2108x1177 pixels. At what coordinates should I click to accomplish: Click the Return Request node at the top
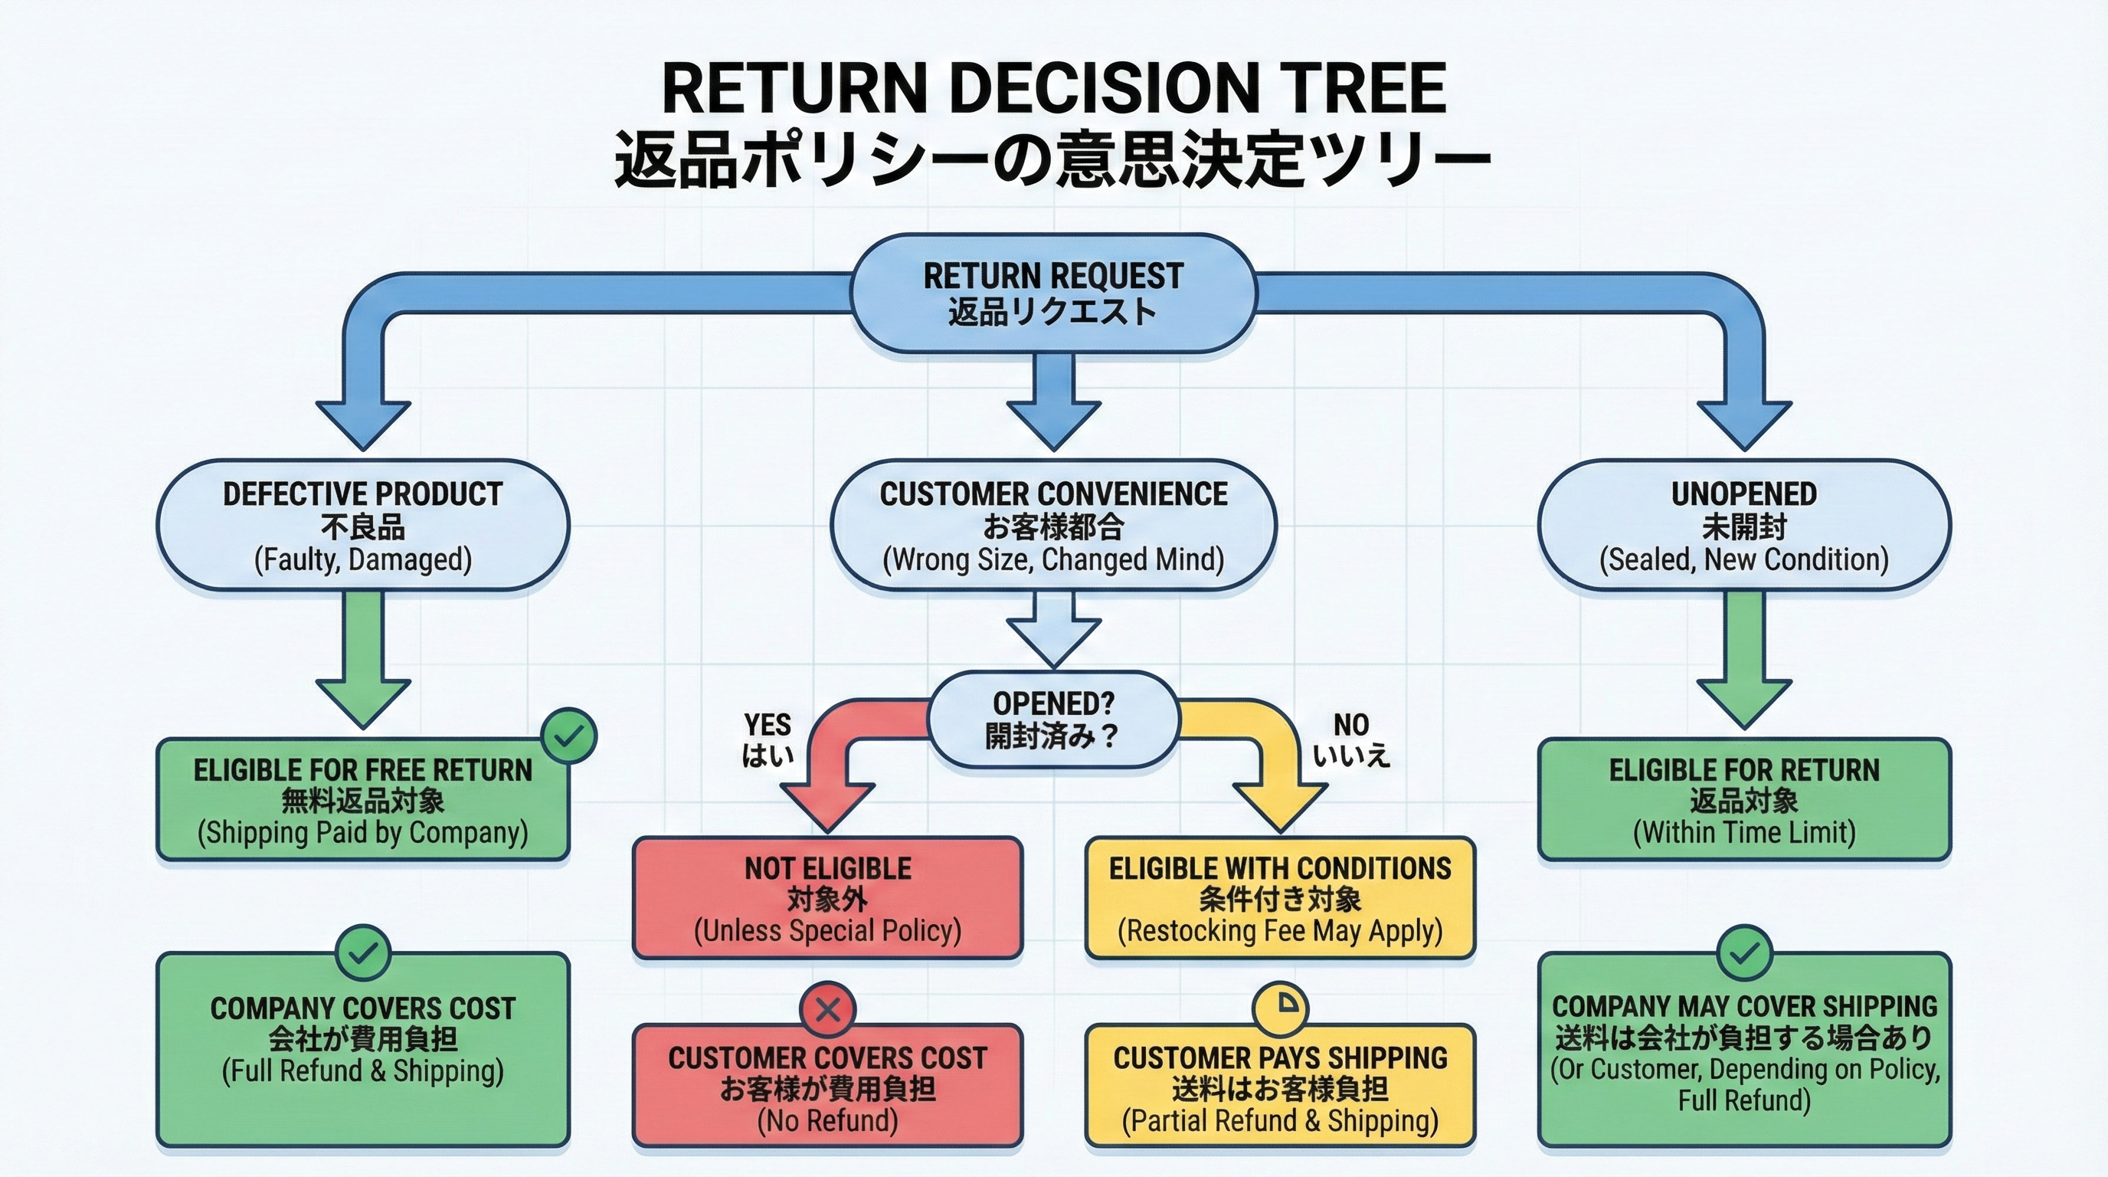(1052, 293)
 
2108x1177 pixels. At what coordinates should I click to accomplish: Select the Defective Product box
(362, 526)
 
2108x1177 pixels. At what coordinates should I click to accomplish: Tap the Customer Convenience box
(1052, 526)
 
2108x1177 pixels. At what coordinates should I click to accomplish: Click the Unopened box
(1744, 526)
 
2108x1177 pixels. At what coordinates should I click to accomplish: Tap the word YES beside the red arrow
(767, 725)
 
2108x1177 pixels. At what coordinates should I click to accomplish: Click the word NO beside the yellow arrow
(1351, 725)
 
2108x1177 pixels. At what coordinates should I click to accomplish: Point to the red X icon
(827, 1009)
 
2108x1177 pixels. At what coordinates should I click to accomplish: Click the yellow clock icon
(1280, 1008)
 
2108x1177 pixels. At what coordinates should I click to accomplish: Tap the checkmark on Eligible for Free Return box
(570, 736)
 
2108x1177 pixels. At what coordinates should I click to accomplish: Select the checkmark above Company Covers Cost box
(362, 952)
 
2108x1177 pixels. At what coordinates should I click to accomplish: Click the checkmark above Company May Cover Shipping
(1744, 952)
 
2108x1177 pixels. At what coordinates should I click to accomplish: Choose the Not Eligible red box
(827, 898)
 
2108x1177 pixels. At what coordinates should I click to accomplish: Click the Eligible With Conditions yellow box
(1280, 898)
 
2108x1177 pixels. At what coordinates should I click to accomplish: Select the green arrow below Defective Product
(362, 663)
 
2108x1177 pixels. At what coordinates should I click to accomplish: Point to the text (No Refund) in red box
(827, 1120)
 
